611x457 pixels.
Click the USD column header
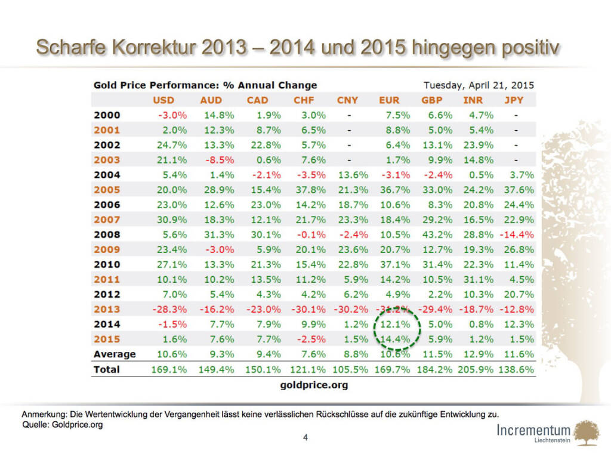[x=163, y=100]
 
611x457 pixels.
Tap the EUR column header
[x=389, y=100]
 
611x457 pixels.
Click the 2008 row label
[x=107, y=234]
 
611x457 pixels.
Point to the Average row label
[x=115, y=354]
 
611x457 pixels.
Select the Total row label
[x=107, y=369]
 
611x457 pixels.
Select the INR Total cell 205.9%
[x=476, y=369]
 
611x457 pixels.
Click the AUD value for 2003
[x=218, y=160]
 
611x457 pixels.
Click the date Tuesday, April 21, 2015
[x=479, y=85]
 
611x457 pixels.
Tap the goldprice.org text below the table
[x=314, y=385]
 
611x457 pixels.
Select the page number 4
[x=305, y=439]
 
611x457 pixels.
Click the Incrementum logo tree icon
[x=588, y=431]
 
